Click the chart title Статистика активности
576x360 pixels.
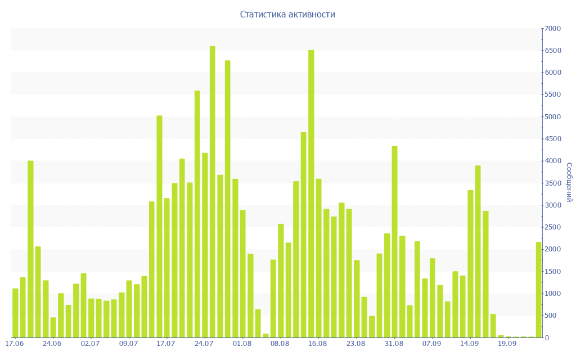287,15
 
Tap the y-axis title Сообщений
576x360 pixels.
569,182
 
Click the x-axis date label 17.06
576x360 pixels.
14,343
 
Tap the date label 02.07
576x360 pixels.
90,343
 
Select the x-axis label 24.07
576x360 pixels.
204,343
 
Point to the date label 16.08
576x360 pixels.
318,343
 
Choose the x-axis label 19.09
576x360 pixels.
507,343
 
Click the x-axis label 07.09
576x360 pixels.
431,343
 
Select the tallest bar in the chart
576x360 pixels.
213,191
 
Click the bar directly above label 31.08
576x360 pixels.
394,242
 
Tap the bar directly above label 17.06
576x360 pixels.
15,313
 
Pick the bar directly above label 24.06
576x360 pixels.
53,327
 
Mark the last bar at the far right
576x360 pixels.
539,290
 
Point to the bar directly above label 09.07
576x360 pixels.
129,309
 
